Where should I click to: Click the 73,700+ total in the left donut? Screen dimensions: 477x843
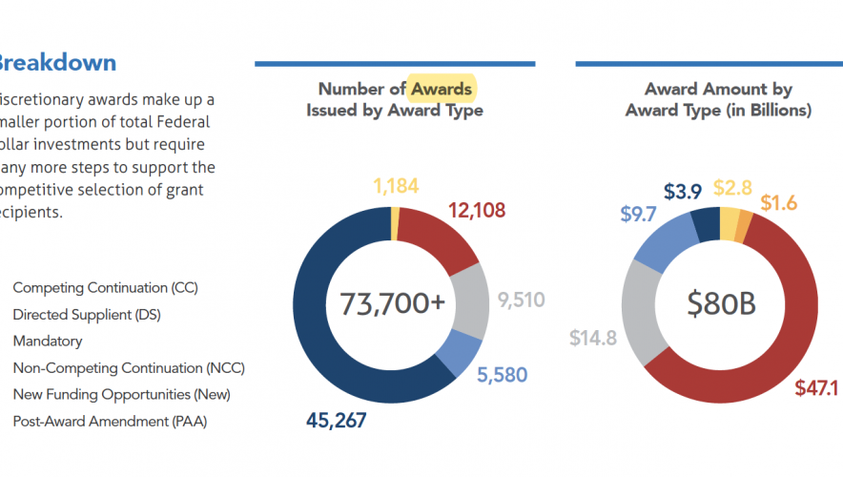coord(393,303)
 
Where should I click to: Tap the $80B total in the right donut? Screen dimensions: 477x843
coord(721,303)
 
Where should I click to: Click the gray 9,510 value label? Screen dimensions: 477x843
coord(522,300)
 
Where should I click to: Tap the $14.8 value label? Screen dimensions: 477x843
coord(592,337)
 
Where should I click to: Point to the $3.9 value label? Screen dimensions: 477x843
coord(683,192)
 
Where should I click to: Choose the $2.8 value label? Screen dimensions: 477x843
coord(733,187)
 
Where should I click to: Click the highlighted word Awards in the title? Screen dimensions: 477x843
coord(441,89)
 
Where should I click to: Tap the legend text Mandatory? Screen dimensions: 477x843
coord(48,341)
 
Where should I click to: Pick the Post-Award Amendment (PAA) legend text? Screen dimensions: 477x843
coord(110,421)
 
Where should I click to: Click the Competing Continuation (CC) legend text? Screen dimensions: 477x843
coord(105,287)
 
